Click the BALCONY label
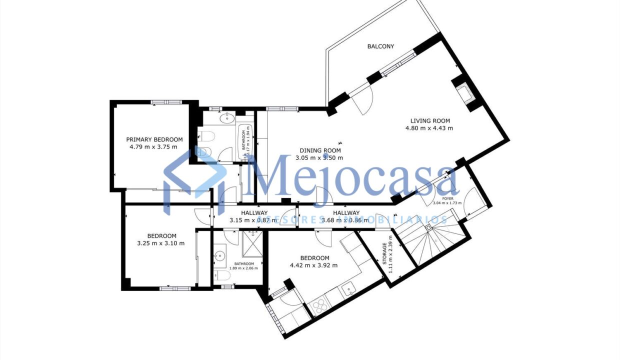[x=380, y=46]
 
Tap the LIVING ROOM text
[x=430, y=120]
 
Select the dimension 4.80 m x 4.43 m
[x=429, y=128]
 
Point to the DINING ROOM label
[x=320, y=150]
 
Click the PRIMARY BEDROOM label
[x=154, y=139]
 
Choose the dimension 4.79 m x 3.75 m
[x=154, y=147]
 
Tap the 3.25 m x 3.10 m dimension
[x=161, y=243]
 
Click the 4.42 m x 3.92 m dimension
[x=313, y=265]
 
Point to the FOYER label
[x=447, y=198]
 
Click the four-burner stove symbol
[x=318, y=305]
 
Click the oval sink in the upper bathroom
[x=228, y=118]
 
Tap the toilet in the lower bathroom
[x=224, y=275]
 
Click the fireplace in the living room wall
[x=462, y=93]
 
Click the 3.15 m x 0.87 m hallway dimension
[x=253, y=220]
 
